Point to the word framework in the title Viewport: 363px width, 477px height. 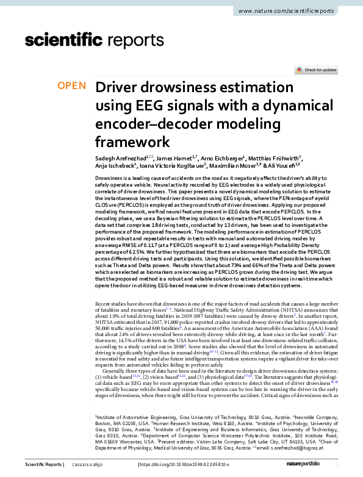pos(132,143)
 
